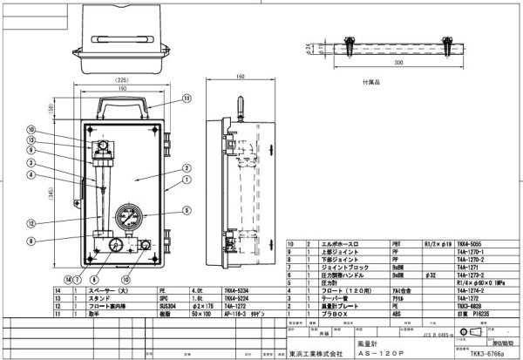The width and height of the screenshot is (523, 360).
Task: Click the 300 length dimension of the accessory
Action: tap(376, 64)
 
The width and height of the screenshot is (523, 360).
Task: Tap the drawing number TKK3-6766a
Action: tap(484, 353)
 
